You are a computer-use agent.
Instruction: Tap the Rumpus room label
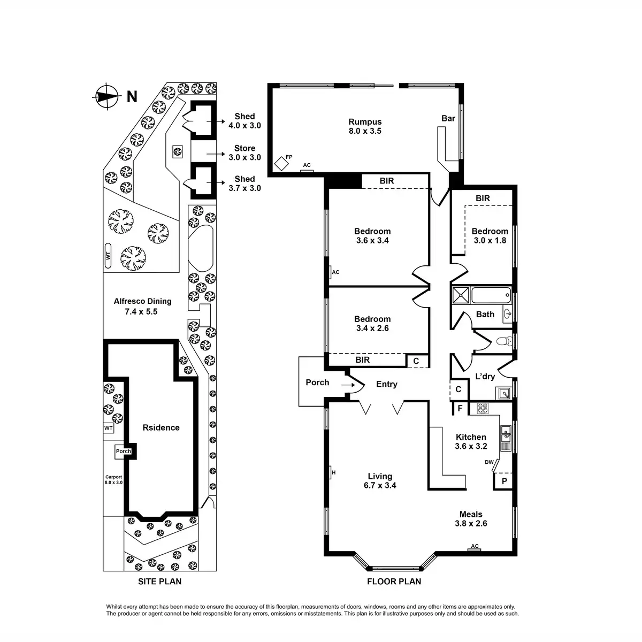[x=365, y=126]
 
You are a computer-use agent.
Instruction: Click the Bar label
[x=448, y=118]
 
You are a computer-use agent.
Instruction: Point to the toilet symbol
[x=502, y=341]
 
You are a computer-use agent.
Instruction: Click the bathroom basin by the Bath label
[x=506, y=314]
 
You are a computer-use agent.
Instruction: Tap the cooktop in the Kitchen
[x=483, y=408]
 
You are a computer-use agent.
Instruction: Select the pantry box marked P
[x=503, y=481]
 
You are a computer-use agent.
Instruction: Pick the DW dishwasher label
[x=488, y=462]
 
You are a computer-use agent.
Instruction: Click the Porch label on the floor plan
[x=317, y=383]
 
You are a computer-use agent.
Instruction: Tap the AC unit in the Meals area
[x=474, y=547]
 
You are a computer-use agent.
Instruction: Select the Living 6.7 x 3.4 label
[x=380, y=481]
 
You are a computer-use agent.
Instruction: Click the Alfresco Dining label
[x=142, y=306]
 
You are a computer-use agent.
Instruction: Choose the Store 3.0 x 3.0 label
[x=244, y=152]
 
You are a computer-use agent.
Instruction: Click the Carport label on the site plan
[x=113, y=479]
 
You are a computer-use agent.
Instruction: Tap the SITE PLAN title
[x=159, y=582]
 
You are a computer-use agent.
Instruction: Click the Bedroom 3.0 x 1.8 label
[x=490, y=235]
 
